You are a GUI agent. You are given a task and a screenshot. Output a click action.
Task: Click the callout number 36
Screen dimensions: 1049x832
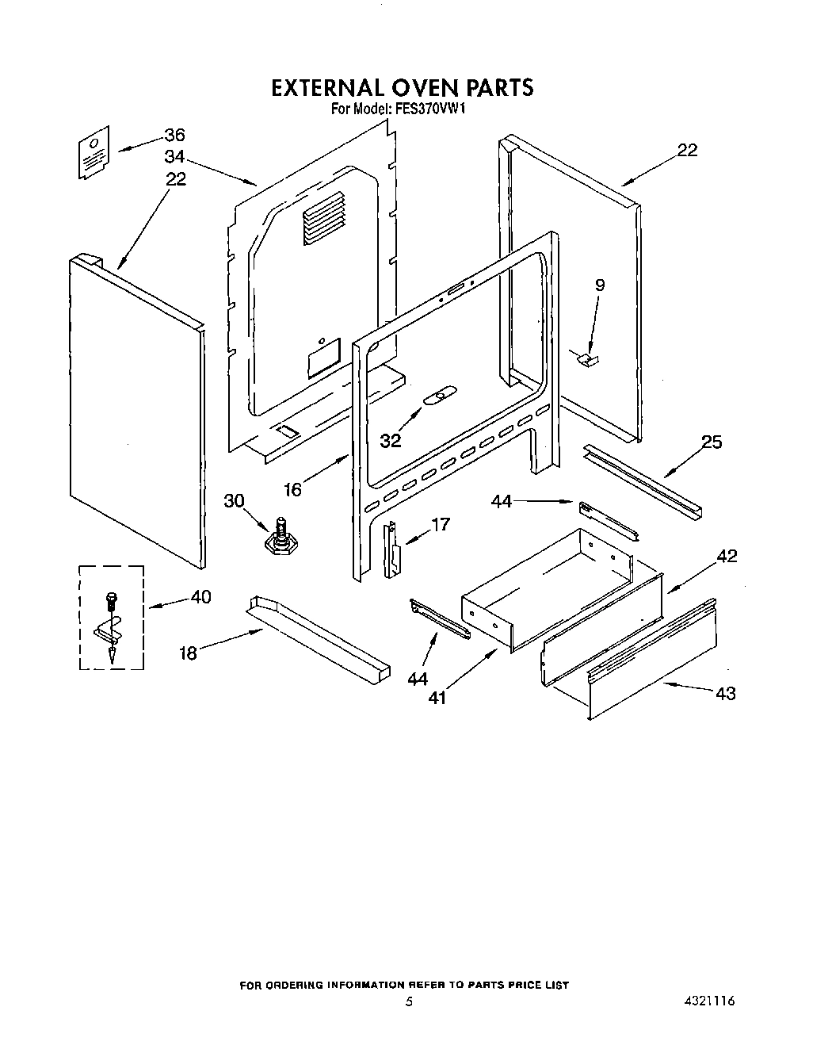point(174,135)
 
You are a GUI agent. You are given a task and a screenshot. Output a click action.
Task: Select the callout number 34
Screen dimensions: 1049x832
point(174,155)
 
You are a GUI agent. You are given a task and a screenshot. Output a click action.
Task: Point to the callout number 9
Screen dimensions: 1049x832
point(600,285)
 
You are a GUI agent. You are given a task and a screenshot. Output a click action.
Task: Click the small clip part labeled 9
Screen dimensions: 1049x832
point(588,361)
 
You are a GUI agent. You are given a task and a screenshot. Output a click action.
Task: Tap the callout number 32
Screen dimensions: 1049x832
point(391,441)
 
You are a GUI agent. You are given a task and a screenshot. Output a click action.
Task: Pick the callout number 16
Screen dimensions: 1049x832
point(292,490)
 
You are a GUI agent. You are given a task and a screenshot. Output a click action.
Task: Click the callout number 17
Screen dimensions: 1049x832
point(441,524)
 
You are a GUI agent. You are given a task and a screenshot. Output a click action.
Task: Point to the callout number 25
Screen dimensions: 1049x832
point(712,442)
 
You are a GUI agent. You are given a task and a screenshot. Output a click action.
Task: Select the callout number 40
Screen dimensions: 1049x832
point(201,596)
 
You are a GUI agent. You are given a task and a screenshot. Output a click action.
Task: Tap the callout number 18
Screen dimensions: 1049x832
point(188,653)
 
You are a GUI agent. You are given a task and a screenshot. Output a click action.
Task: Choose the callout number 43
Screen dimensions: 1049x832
point(725,694)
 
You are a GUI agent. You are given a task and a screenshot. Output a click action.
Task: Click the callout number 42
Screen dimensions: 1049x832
point(727,556)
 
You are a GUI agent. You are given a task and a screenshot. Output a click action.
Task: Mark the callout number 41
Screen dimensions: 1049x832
point(437,698)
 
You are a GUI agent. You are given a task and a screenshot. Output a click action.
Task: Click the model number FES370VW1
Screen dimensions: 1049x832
point(428,109)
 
